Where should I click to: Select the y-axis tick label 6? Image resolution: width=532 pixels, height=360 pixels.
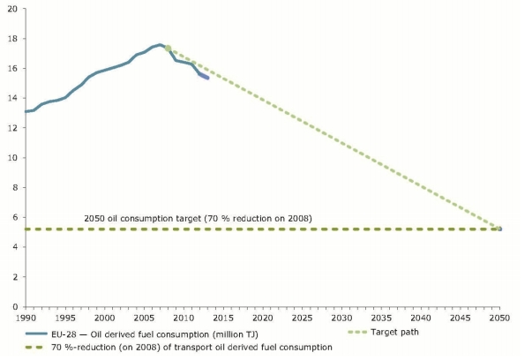(x=14, y=217)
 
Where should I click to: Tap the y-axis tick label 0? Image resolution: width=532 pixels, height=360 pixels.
(x=14, y=306)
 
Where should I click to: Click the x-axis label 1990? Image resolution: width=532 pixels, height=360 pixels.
(x=26, y=318)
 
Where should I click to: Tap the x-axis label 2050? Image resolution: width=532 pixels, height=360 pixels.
(x=500, y=318)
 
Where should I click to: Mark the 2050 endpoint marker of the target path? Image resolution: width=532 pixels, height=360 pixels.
(x=500, y=229)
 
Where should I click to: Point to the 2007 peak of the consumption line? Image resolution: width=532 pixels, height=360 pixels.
(x=161, y=44)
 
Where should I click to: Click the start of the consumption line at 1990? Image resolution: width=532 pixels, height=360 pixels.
(x=26, y=112)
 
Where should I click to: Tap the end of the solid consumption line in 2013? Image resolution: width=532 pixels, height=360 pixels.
(x=207, y=79)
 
